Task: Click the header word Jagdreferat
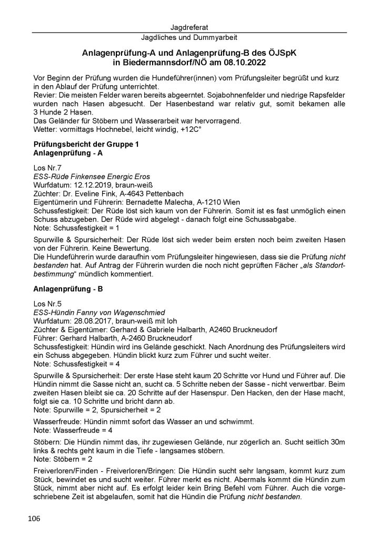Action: pyautogui.click(x=189, y=27)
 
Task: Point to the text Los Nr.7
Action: pyautogui.click(x=46, y=167)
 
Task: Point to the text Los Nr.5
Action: pyautogui.click(x=46, y=305)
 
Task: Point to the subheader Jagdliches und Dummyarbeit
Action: pyautogui.click(x=189, y=38)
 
